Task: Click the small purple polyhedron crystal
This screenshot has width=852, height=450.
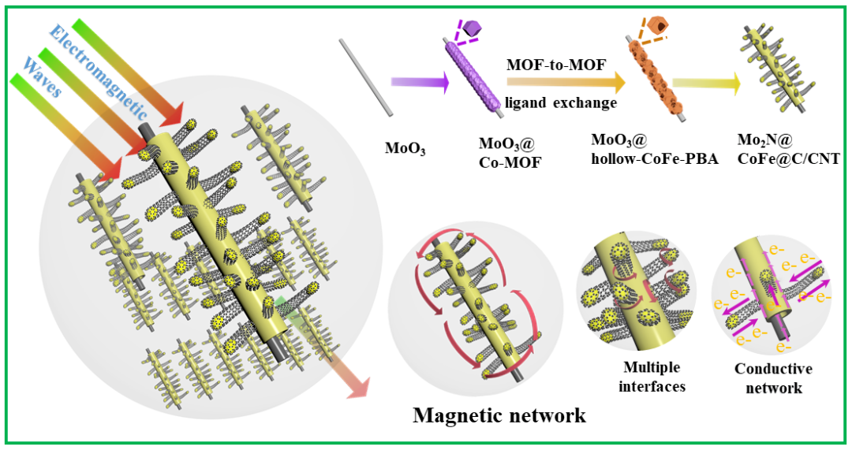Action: coord(472,29)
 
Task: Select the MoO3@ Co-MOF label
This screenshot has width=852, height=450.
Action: coord(506,154)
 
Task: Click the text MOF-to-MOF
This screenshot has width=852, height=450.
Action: coord(555,65)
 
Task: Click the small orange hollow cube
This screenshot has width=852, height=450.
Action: coord(654,28)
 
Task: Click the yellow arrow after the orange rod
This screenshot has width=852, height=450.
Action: coord(706,81)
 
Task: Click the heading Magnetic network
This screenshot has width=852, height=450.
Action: coord(499,415)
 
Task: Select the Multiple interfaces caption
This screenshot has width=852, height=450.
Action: coord(651,377)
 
